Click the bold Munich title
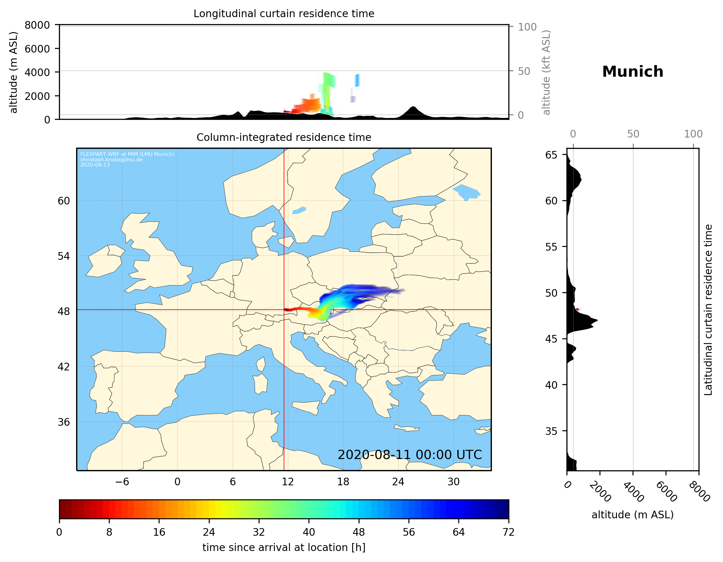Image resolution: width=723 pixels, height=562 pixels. click(632, 72)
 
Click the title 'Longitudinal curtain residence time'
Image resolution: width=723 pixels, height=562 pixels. click(284, 13)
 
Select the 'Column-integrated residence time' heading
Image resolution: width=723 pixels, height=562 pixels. click(284, 137)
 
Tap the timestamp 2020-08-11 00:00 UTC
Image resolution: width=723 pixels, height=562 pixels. click(410, 455)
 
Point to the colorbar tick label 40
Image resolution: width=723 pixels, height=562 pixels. click(308, 532)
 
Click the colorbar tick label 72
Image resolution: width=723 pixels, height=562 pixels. click(508, 532)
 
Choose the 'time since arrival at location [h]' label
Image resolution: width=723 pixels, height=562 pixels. click(284, 547)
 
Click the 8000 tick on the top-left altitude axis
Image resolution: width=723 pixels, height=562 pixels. click(37, 25)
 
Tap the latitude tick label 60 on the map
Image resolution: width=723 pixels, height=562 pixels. click(64, 201)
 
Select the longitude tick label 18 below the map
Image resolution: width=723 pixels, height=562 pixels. click(343, 482)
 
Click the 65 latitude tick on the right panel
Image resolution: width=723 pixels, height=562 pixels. click(551, 155)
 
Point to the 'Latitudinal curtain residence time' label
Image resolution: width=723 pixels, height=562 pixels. click(708, 310)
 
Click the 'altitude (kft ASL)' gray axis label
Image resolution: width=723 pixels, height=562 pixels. click(546, 72)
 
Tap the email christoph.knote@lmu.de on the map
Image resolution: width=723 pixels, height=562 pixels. click(111, 160)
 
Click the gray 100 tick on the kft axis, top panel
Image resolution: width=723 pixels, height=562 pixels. click(527, 27)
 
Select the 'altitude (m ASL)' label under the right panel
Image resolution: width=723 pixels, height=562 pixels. click(632, 515)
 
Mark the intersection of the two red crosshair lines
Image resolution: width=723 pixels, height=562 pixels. click(284, 310)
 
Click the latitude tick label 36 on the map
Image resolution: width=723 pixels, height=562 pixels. click(64, 422)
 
